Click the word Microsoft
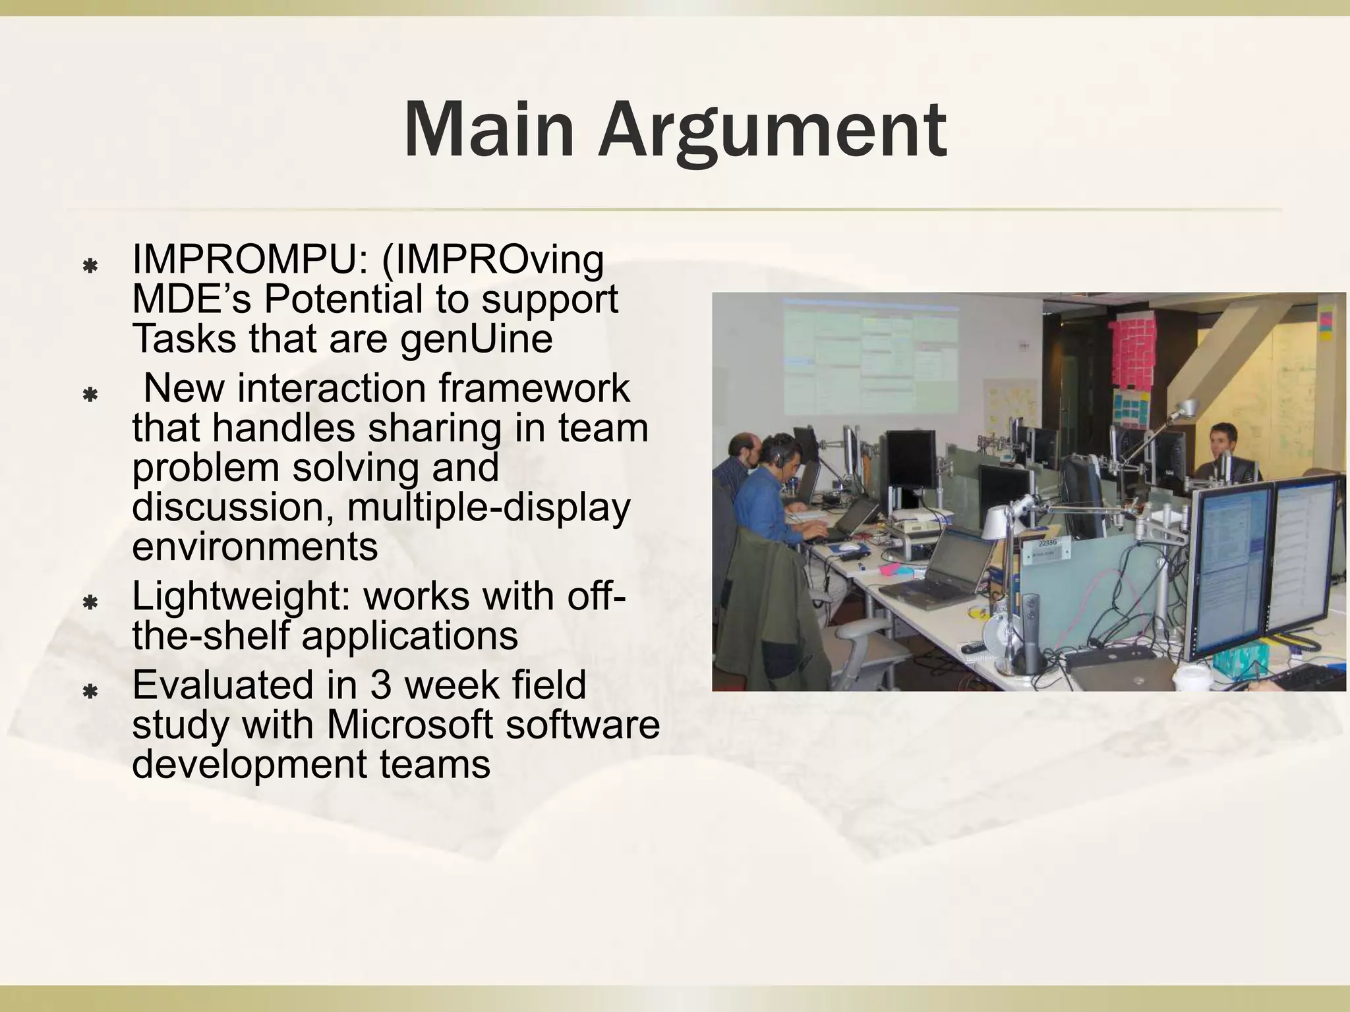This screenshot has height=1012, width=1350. (x=409, y=725)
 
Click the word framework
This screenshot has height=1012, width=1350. (x=534, y=388)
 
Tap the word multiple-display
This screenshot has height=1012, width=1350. (x=488, y=508)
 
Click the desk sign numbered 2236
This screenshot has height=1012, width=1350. (x=1047, y=544)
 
